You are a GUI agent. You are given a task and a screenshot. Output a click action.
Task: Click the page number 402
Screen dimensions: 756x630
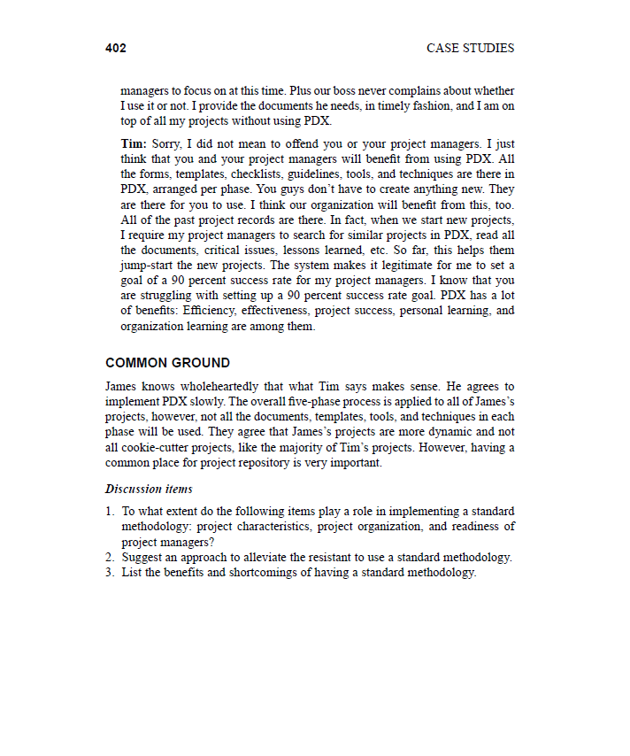pyautogui.click(x=116, y=49)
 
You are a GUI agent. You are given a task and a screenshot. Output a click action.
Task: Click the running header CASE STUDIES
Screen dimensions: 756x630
pyautogui.click(x=470, y=49)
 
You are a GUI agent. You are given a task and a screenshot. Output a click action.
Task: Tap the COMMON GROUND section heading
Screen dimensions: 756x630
pyautogui.click(x=167, y=363)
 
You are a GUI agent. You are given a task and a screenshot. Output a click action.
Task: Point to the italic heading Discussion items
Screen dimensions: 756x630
pyautogui.click(x=149, y=489)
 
